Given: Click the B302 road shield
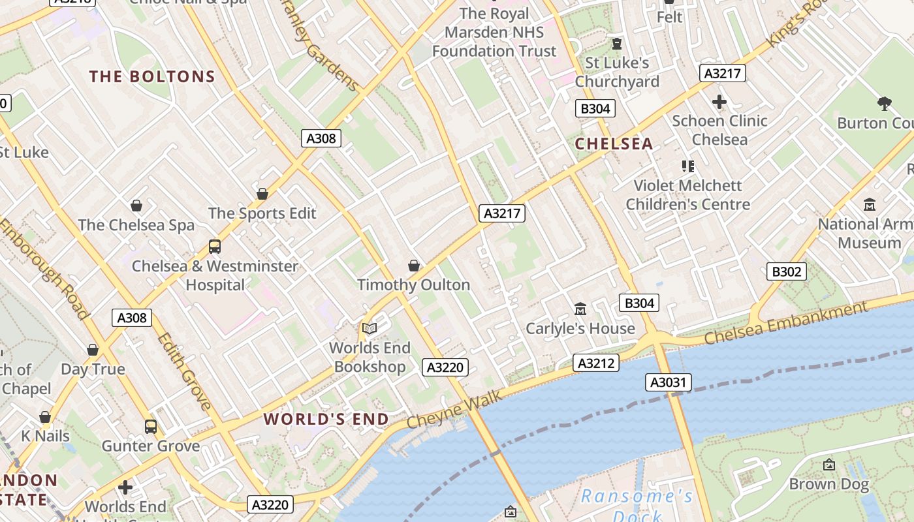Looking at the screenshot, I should (x=786, y=271).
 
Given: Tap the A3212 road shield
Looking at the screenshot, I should (x=596, y=363).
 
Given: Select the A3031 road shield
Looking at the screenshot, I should (x=669, y=382).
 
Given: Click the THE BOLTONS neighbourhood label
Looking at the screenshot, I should (x=152, y=77).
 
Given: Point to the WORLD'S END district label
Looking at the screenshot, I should (x=326, y=419).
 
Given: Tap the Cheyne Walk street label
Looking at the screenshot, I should (x=454, y=409).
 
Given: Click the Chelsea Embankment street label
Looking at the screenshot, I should (x=786, y=323).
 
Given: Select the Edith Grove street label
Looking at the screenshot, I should (x=185, y=371).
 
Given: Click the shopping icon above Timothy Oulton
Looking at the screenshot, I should (x=413, y=266).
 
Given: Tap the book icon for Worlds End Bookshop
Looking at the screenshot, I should (x=370, y=328).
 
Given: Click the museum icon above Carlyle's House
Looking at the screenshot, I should (x=580, y=309).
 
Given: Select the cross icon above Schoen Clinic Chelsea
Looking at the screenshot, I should (x=719, y=102).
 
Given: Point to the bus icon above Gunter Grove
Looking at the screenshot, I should (x=151, y=427).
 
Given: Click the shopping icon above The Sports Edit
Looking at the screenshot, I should (x=262, y=194).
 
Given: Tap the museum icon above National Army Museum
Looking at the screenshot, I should (x=870, y=205).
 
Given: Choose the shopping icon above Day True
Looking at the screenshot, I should (x=93, y=350).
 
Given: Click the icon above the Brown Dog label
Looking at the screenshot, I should (x=829, y=465).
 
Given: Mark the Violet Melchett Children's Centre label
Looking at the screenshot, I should (x=688, y=195).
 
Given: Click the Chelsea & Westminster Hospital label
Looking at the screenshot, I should (x=215, y=275).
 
